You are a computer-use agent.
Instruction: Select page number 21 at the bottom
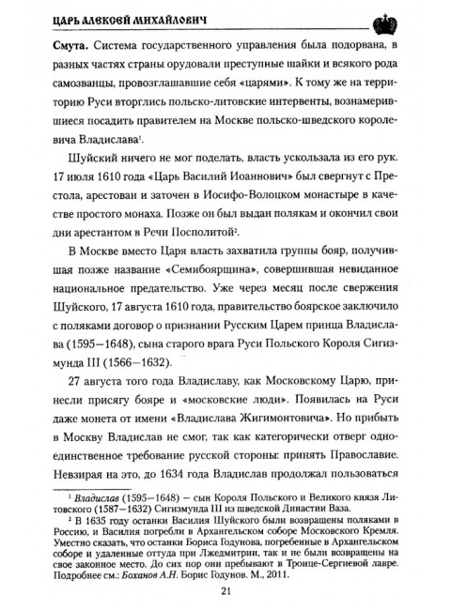225,589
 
